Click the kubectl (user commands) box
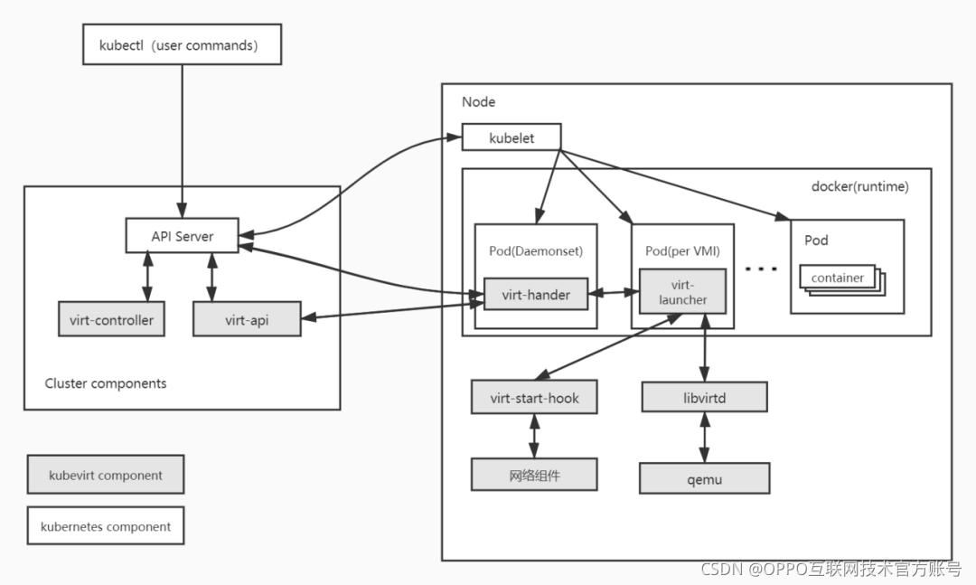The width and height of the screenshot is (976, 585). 182,44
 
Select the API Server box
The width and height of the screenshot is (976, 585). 182,235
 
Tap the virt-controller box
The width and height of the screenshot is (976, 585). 111,319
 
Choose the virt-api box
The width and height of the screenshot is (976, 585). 247,319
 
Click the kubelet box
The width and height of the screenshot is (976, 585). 511,137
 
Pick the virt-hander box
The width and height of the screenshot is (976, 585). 536,294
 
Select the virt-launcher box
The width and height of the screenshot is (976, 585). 682,291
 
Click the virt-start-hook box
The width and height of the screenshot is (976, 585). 534,397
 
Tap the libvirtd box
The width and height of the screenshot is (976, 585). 704,397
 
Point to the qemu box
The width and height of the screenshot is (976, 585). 704,478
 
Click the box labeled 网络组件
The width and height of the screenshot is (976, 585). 534,475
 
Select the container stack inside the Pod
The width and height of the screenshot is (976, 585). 842,279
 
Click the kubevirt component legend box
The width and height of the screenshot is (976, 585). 105,475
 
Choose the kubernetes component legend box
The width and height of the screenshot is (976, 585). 105,526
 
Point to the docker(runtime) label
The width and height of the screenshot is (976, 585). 859,186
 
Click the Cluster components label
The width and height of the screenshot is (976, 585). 105,383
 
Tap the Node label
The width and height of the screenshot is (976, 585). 478,101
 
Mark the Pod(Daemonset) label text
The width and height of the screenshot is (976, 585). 535,250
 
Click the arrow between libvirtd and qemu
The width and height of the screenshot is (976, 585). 704,438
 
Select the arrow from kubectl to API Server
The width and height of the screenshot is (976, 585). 182,141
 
